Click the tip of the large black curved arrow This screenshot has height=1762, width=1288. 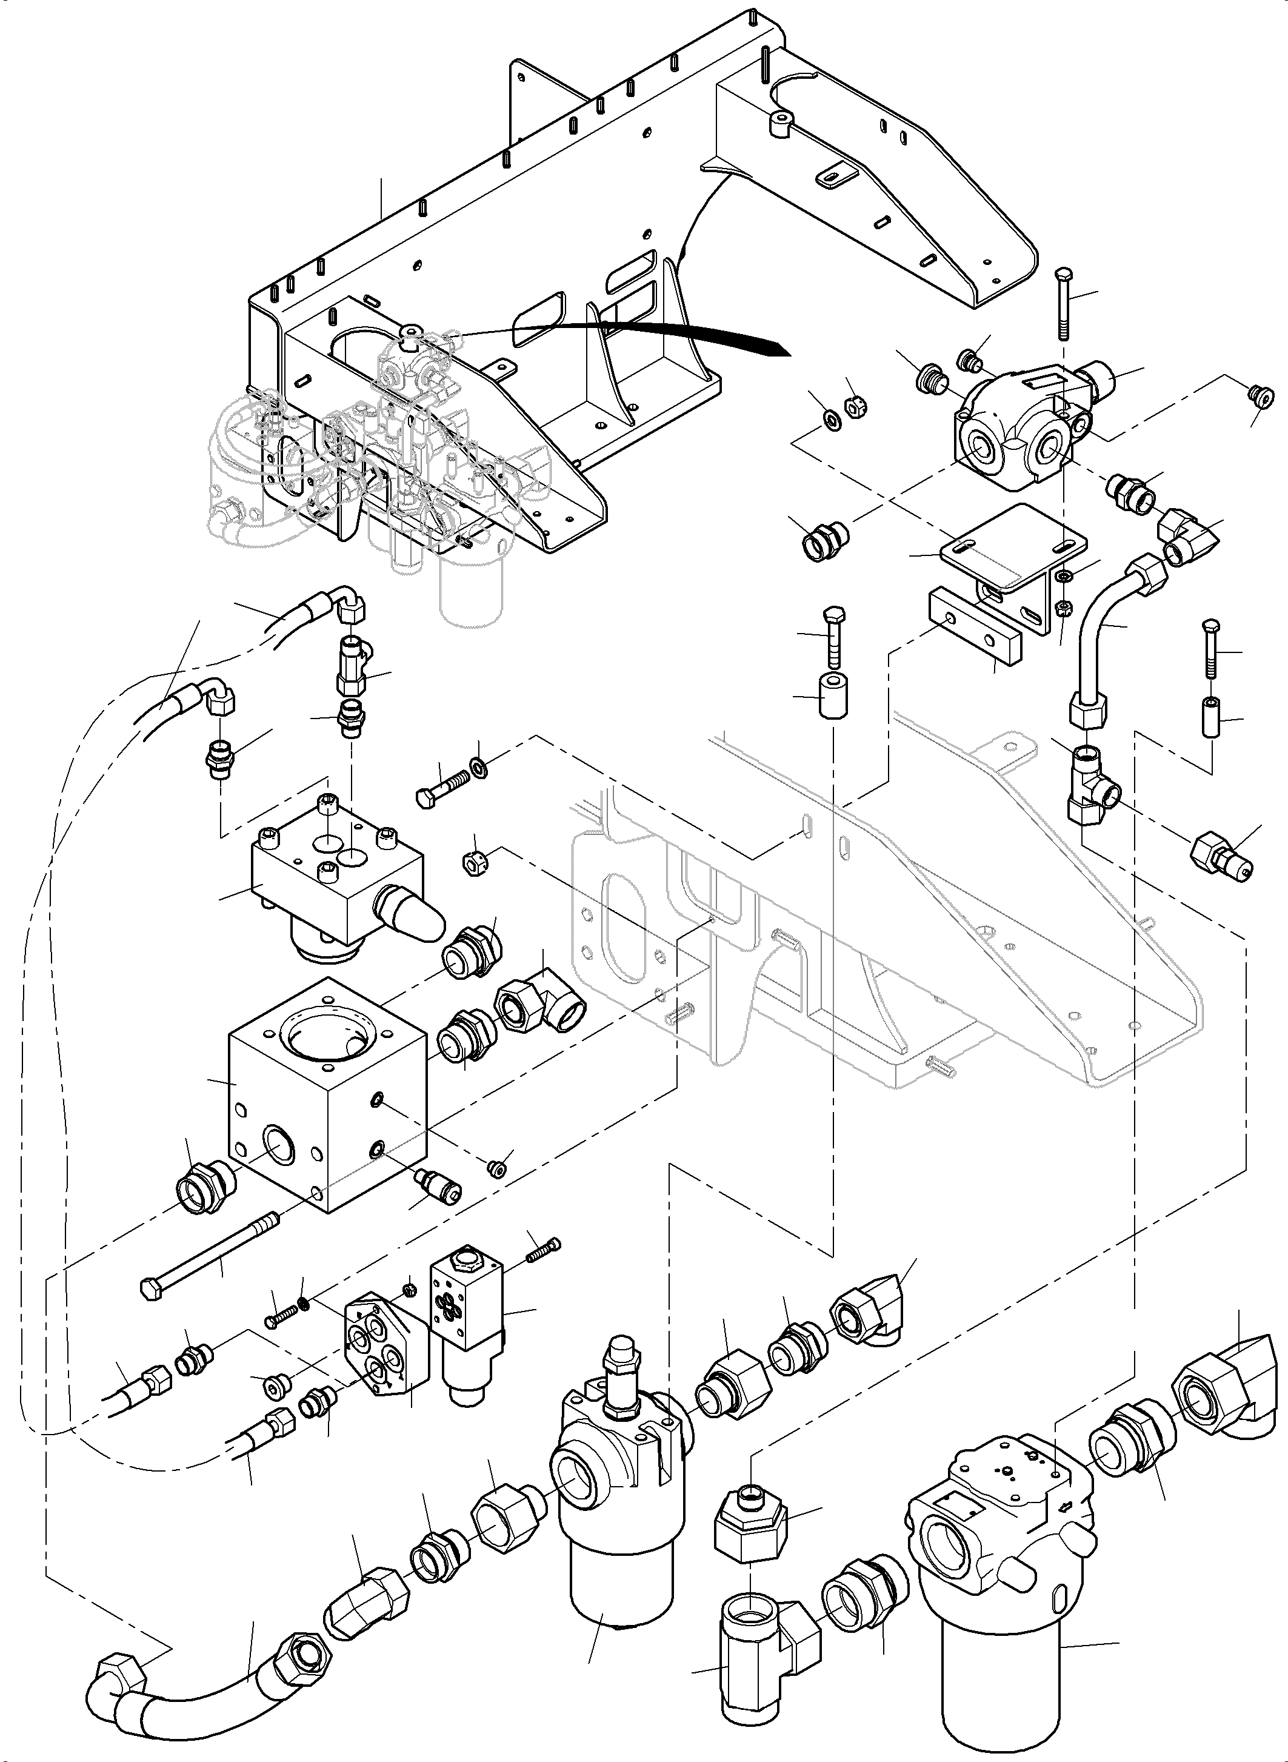coord(787,350)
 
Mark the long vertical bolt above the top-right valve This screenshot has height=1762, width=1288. coord(1063,304)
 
